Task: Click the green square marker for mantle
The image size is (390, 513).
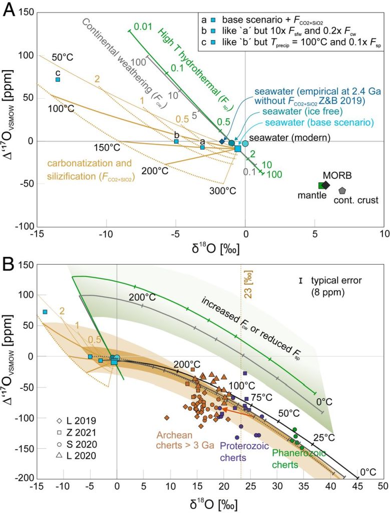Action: tap(322, 185)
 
